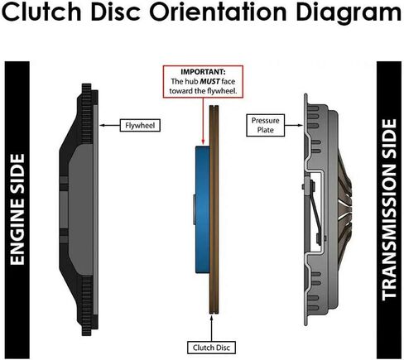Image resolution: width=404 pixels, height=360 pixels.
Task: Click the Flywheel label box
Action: click(140, 125)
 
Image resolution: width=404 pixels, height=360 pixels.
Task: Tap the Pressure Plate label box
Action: click(265, 125)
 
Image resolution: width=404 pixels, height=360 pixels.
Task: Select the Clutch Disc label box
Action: click(211, 348)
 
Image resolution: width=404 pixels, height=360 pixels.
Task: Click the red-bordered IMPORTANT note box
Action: click(203, 82)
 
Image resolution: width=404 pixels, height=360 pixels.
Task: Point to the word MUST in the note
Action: click(210, 81)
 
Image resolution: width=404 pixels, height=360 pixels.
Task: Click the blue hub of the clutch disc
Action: click(203, 209)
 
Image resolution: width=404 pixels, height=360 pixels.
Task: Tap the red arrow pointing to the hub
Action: click(203, 121)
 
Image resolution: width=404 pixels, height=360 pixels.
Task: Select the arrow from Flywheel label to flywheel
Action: click(109, 125)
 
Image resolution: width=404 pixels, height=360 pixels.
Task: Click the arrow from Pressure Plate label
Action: click(294, 125)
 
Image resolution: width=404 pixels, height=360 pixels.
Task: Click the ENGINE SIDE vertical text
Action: click(17, 209)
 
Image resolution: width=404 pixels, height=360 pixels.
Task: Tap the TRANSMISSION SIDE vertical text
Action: click(389, 209)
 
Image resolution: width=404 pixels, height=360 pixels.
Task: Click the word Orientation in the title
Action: click(218, 12)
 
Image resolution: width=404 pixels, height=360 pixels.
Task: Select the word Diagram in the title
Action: click(349, 13)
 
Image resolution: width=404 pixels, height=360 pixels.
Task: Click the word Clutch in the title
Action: click(41, 12)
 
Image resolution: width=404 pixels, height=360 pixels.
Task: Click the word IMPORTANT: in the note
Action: click(203, 72)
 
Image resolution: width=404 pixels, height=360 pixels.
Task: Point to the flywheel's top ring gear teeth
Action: click(87, 113)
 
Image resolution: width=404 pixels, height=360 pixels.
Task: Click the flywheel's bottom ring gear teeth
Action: click(87, 305)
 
